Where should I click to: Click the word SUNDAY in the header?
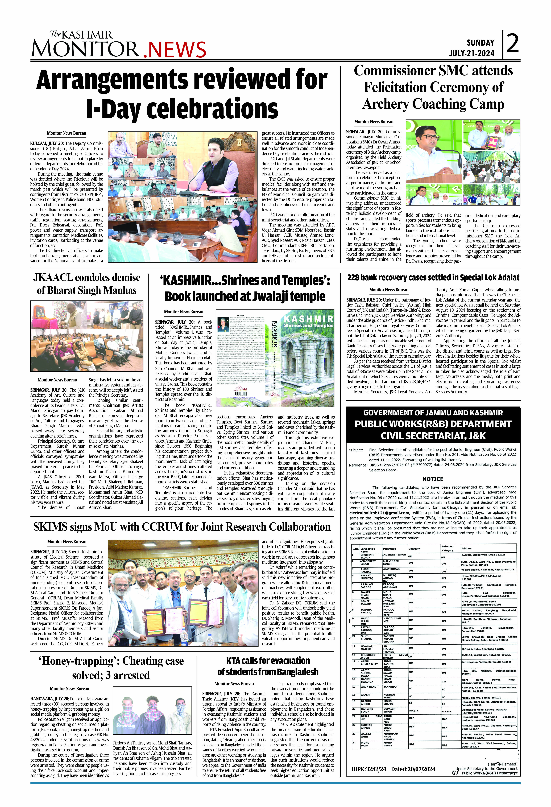(x=480, y=43)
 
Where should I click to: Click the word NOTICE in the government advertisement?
(x=433, y=479)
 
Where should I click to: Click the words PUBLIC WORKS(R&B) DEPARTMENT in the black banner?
(x=433, y=424)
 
